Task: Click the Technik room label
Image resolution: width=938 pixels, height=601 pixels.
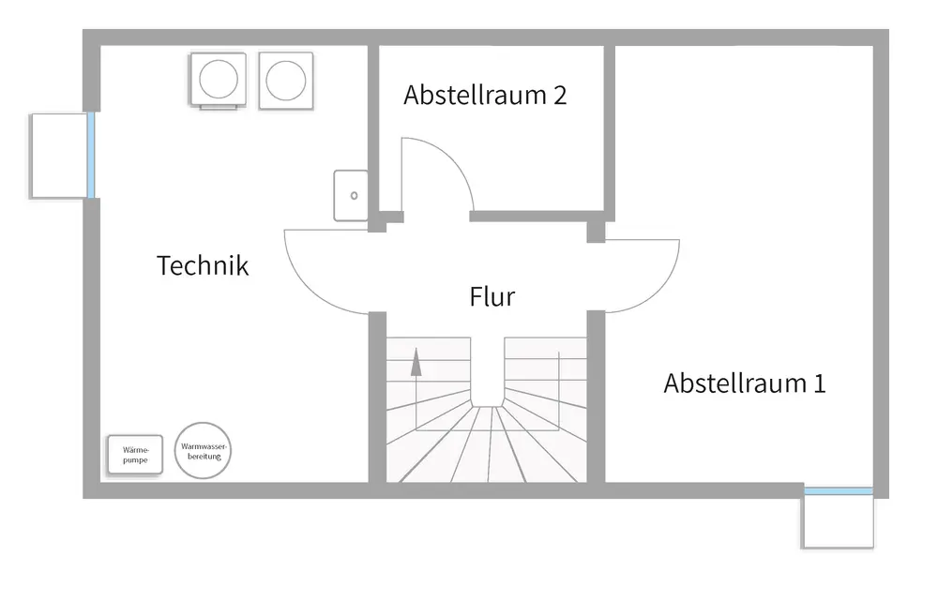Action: pos(203,265)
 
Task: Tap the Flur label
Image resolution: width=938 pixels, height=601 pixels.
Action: pos(492,297)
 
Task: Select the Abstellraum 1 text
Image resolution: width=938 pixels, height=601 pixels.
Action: pos(745,383)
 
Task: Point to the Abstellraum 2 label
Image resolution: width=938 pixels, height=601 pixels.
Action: pos(485,96)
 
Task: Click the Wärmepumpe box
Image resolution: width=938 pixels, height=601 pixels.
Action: pos(135,457)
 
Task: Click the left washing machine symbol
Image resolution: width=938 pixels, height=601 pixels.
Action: pos(219,79)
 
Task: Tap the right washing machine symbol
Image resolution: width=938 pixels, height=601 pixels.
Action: pos(286,79)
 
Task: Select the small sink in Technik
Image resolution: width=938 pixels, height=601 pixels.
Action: pos(352,195)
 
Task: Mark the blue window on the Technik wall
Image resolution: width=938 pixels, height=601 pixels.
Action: pos(91,155)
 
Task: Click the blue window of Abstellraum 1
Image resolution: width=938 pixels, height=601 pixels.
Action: pos(839,491)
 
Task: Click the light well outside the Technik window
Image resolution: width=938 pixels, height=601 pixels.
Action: pos(58,156)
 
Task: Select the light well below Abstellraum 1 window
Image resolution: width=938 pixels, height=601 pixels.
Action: pos(838,521)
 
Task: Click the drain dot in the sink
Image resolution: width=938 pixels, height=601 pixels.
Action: pos(355,196)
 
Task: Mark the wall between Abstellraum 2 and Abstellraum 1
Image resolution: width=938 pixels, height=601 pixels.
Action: pos(609,127)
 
